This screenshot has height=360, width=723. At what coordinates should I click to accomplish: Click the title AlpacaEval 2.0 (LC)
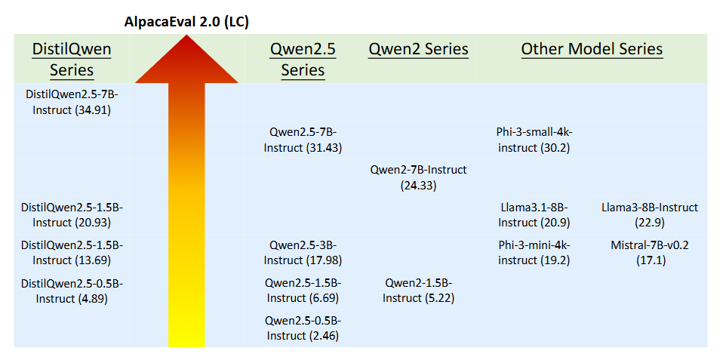186,23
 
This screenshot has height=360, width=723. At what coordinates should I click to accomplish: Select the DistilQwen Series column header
72,60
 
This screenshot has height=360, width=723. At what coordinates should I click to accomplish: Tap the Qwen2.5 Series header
303,60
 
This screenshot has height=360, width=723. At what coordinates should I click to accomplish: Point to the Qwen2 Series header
418,49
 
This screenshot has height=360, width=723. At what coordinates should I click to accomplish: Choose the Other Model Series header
592,49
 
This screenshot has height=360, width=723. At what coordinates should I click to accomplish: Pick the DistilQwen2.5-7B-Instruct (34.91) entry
72,103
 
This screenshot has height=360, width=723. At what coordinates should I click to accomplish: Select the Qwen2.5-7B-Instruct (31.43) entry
303,140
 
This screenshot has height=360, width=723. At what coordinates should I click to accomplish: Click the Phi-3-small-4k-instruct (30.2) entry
534,140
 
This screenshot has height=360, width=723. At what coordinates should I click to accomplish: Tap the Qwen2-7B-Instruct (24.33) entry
418,177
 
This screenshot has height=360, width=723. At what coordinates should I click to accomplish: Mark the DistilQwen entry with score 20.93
72,215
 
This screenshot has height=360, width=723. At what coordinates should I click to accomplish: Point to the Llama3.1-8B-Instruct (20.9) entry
534,215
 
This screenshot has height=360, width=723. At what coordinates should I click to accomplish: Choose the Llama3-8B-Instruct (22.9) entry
650,215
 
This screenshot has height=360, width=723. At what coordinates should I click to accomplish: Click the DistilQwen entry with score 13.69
72,252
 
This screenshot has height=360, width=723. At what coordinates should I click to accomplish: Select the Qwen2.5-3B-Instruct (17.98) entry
303,252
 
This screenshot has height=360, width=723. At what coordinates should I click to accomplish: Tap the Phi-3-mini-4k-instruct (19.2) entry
534,252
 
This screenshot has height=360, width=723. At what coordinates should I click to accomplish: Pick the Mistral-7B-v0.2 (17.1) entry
650,252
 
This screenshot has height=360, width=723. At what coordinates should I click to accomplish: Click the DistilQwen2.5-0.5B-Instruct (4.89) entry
72,290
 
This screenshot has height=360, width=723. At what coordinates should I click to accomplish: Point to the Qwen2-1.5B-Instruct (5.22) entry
418,290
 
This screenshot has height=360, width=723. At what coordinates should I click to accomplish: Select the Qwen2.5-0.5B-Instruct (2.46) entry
303,328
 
